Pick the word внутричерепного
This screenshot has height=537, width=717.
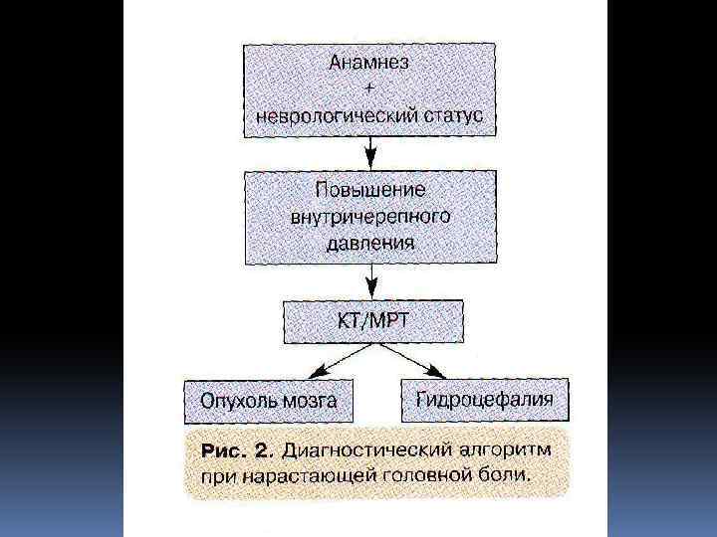point(370,214)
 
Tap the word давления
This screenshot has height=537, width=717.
point(370,240)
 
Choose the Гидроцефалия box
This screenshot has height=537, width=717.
point(485,400)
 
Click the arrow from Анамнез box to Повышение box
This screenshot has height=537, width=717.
point(370,151)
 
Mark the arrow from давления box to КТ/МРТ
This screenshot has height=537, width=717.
point(370,283)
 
